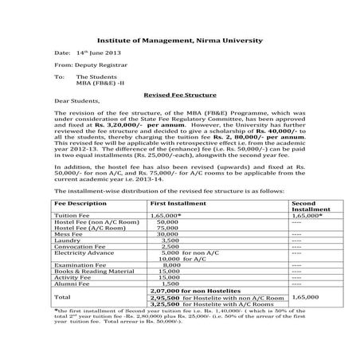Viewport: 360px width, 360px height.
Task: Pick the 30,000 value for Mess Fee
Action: click(x=167, y=234)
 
